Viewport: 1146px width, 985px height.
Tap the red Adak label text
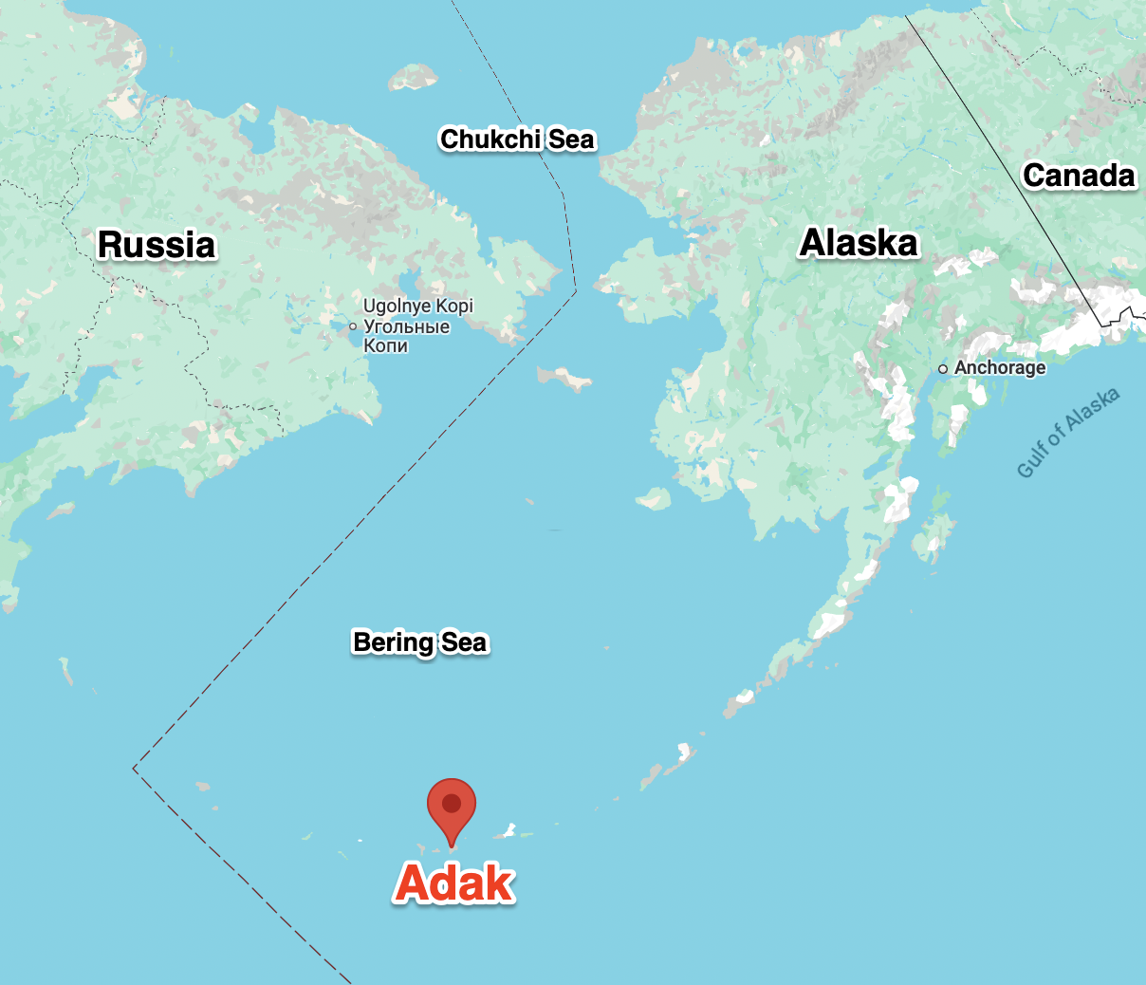pyautogui.click(x=454, y=883)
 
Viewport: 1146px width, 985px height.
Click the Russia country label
pyautogui.click(x=157, y=245)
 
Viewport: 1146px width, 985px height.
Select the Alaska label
pyautogui.click(x=859, y=243)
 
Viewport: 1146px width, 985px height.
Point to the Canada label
pyautogui.click(x=1079, y=176)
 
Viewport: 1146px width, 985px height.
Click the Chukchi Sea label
pyautogui.click(x=517, y=139)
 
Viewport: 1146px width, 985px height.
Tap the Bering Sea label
pyautogui.click(x=419, y=642)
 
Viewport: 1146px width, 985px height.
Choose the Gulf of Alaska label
pyautogui.click(x=1067, y=433)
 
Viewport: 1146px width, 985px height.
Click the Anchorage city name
pyautogui.click(x=1000, y=368)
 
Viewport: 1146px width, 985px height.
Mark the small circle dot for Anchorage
pyautogui.click(x=943, y=369)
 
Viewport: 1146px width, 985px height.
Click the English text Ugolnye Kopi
pyautogui.click(x=417, y=307)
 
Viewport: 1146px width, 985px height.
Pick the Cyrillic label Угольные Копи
pyautogui.click(x=406, y=336)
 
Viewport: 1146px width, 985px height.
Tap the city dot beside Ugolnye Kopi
pyautogui.click(x=353, y=326)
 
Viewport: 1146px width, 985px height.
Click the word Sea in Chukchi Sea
pyautogui.click(x=572, y=139)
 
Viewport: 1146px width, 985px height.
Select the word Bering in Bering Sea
pyautogui.click(x=393, y=642)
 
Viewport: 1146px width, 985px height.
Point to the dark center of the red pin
pyautogui.click(x=452, y=803)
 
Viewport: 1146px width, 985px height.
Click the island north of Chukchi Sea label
pyautogui.click(x=413, y=77)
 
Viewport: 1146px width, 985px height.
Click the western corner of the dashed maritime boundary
pyautogui.click(x=134, y=767)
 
